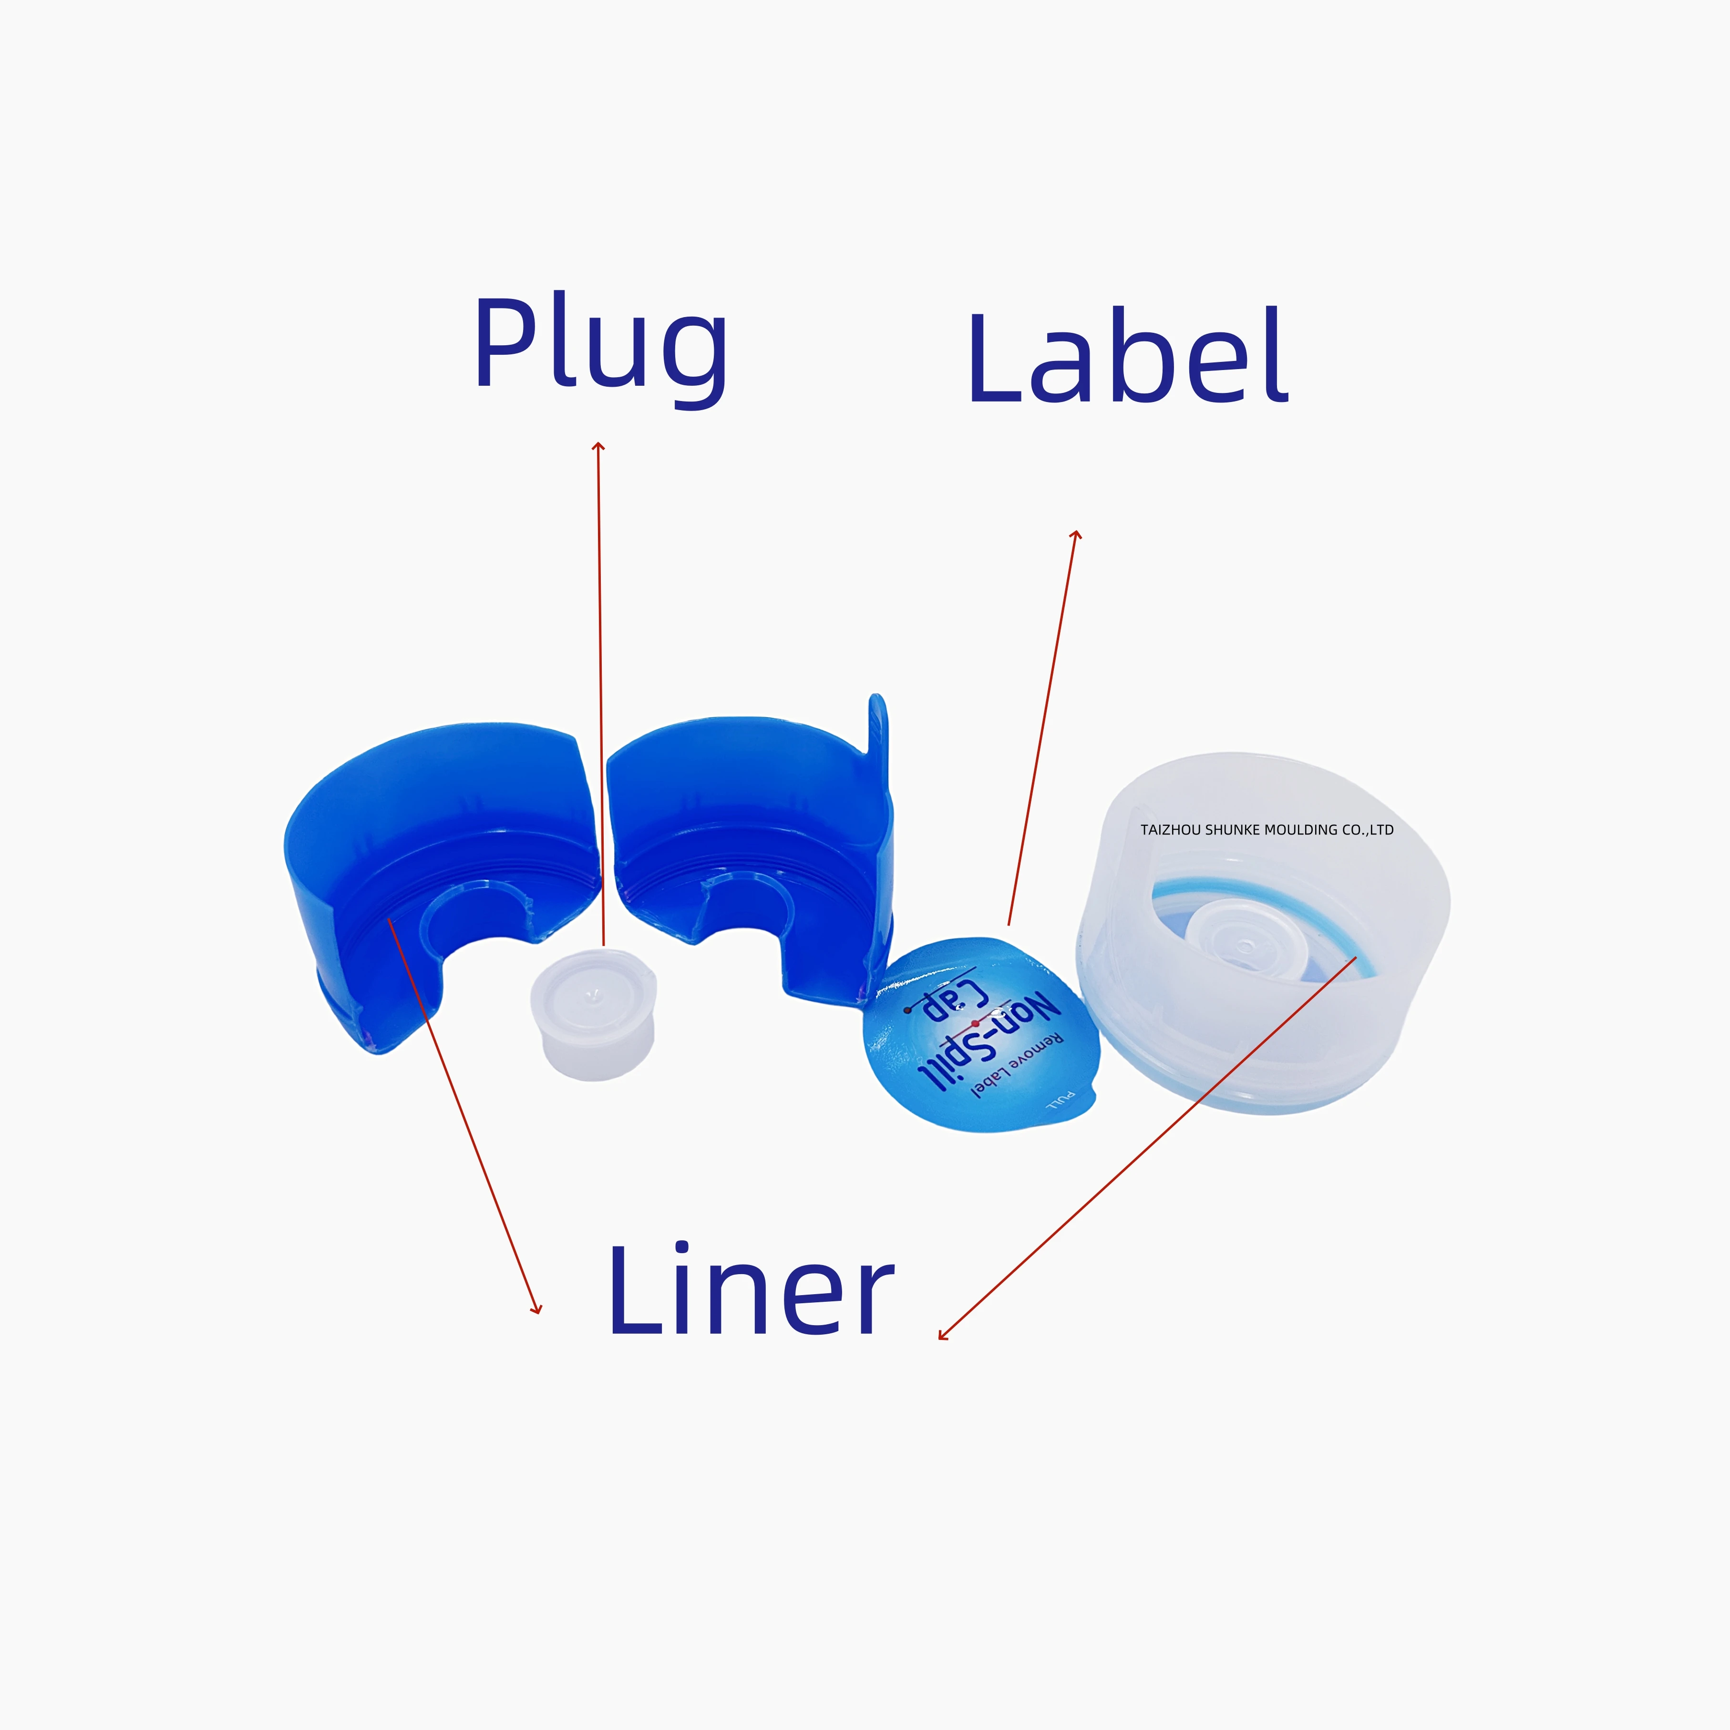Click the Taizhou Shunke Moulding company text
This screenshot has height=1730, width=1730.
[x=1266, y=830]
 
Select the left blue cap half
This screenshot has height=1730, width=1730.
[x=430, y=860]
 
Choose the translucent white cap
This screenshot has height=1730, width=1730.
[x=1263, y=931]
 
